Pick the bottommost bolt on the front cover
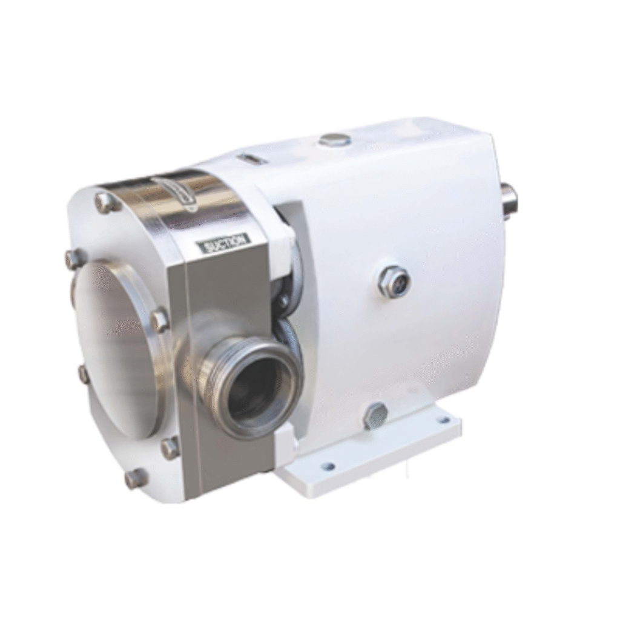(x=136, y=478)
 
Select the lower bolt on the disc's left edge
(x=83, y=374)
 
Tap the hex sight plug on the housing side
(x=394, y=281)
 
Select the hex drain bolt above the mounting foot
(x=375, y=416)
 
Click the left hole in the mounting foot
(x=328, y=466)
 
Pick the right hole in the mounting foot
(x=444, y=420)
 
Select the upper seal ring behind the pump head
(x=287, y=279)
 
